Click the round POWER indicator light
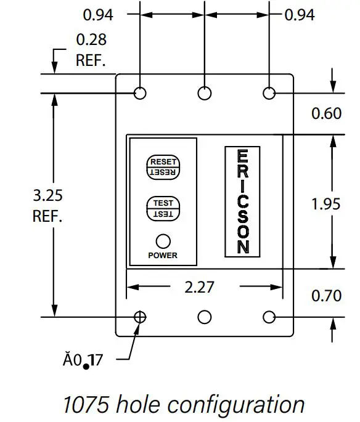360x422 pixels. pyautogui.click(x=163, y=241)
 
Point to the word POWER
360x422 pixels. pyautogui.click(x=163, y=255)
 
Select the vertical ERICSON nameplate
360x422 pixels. pyautogui.click(x=243, y=201)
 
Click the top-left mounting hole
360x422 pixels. pyautogui.click(x=141, y=93)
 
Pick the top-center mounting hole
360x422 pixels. pyautogui.click(x=204, y=93)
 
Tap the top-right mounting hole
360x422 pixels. pyautogui.click(x=269, y=93)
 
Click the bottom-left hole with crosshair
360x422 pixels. pyautogui.click(x=141, y=317)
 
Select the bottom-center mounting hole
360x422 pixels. pyautogui.click(x=204, y=317)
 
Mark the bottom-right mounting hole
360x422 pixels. pyautogui.click(x=269, y=317)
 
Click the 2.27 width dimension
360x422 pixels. pyautogui.click(x=204, y=287)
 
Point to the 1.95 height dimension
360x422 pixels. pyautogui.click(x=325, y=204)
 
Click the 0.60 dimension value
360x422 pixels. pyautogui.click(x=325, y=113)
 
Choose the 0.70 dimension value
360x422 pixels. pyautogui.click(x=325, y=296)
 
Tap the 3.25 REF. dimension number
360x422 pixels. pyautogui.click(x=47, y=196)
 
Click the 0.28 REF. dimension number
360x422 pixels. pyautogui.click(x=91, y=40)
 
